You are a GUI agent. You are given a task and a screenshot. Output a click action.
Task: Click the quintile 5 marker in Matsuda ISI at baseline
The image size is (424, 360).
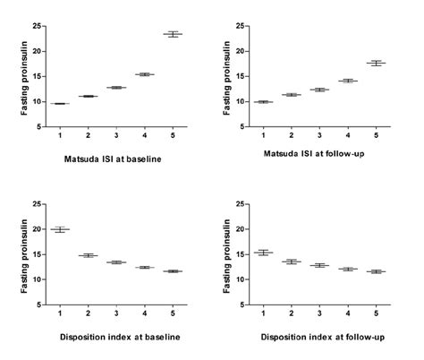coord(173,34)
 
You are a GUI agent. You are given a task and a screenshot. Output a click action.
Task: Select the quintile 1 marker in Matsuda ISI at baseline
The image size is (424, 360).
coord(60,104)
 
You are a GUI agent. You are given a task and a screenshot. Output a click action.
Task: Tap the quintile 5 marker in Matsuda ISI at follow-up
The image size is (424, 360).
coord(376,63)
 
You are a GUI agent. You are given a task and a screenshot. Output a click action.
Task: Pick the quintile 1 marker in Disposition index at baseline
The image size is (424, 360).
coord(60,230)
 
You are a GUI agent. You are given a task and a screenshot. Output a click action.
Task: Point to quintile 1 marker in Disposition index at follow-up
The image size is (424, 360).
coord(263,253)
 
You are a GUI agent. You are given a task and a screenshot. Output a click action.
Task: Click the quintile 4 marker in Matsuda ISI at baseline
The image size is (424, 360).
coord(144,74)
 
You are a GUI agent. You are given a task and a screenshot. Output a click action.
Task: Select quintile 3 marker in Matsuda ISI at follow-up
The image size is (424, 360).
coord(319,90)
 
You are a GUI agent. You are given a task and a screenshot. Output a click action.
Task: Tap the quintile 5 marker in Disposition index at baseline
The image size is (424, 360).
coord(173,271)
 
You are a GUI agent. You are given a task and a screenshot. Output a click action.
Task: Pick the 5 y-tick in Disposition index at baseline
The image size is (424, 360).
coord(38,305)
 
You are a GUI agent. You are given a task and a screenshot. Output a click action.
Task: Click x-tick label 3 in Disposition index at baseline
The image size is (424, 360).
coord(116,315)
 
